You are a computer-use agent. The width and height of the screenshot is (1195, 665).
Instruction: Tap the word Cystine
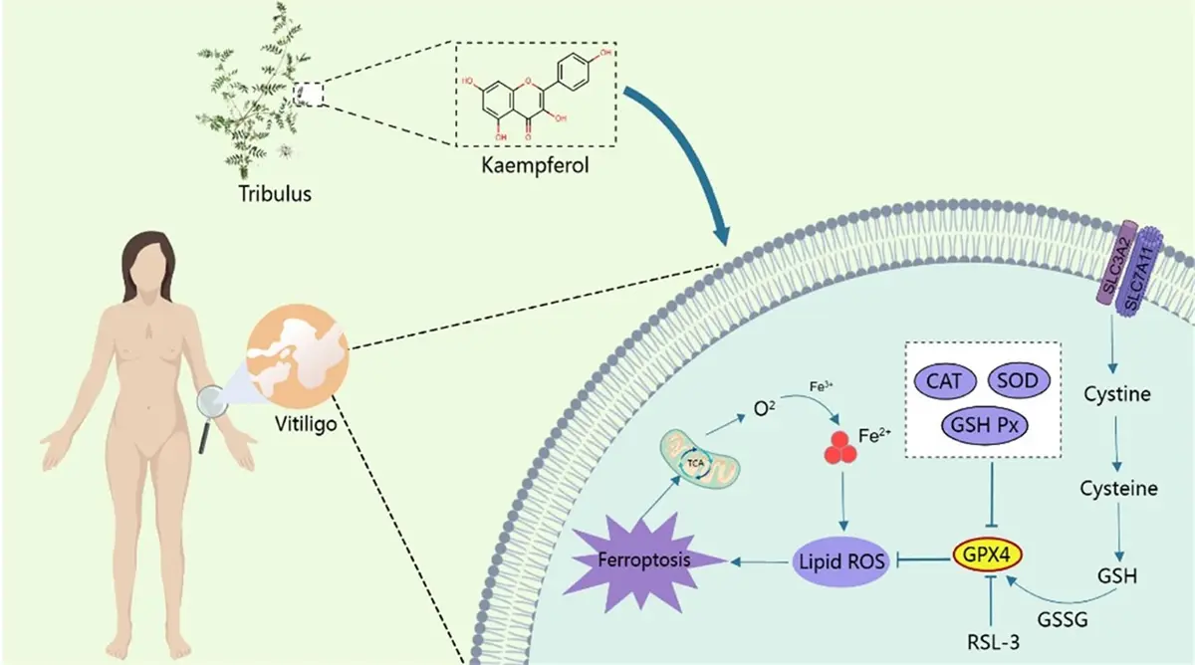tap(1117, 394)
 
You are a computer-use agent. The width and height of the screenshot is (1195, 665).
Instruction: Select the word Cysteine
tap(1120, 489)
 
